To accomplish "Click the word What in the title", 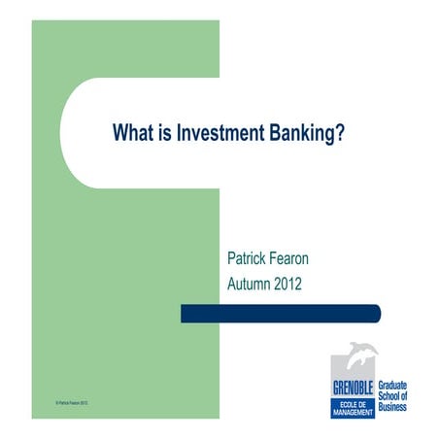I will (133, 132).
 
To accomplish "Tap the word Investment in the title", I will (215, 132).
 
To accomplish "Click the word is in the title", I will (163, 132).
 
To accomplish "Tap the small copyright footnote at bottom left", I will (72, 402).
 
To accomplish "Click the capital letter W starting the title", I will (120, 132).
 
